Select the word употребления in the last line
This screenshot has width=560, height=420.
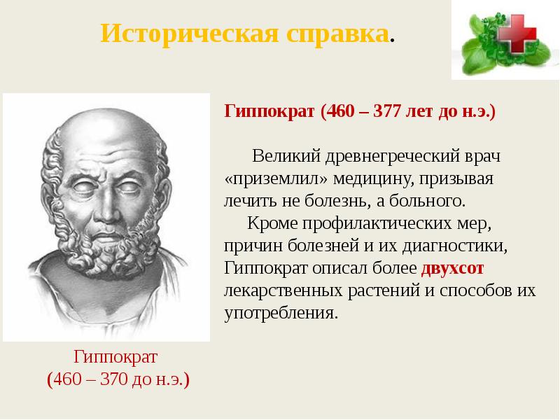tap(281, 313)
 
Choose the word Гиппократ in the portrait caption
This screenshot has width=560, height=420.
tap(118, 357)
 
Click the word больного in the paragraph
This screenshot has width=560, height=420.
tap(429, 202)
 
